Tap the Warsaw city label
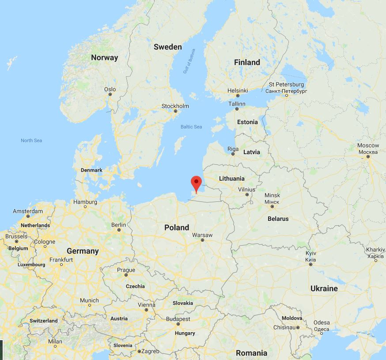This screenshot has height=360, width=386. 202,235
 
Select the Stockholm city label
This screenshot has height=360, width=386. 175,106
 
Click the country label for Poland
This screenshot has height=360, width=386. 176,227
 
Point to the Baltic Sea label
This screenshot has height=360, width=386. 191,127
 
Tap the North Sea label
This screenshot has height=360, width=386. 31,140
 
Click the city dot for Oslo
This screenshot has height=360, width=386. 110,95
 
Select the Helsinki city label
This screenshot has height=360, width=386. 238,90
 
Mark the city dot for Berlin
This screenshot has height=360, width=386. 118,231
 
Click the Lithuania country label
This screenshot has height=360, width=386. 232,178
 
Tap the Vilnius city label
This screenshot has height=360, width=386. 246,189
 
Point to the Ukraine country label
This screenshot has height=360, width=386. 324,288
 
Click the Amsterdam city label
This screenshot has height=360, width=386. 28,211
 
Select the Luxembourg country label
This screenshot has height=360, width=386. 31,265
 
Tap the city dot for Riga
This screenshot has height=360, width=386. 233,155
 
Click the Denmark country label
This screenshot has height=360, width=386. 91,170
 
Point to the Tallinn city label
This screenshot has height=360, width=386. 237,104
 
